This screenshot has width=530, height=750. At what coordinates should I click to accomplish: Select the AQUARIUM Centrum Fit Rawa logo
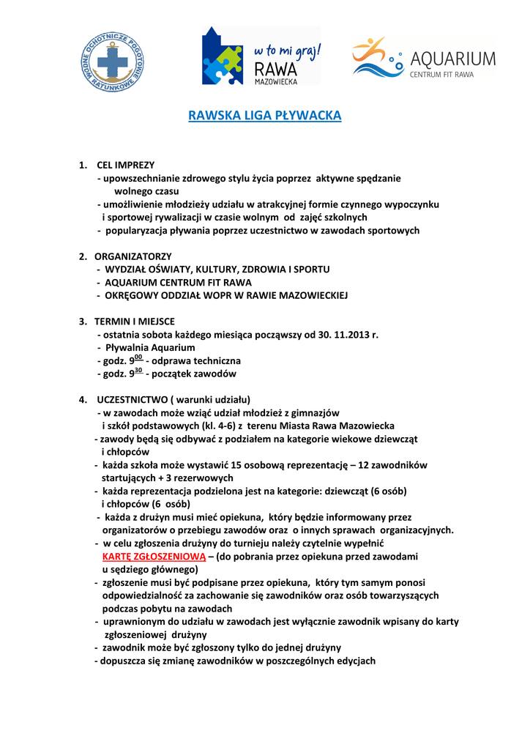pyautogui.click(x=424, y=58)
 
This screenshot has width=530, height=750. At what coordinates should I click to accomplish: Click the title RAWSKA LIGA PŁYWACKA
pyautogui.click(x=265, y=116)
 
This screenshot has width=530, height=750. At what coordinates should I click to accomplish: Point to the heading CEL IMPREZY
pyautogui.click(x=125, y=165)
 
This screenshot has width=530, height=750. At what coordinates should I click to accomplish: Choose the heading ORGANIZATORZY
pyautogui.click(x=133, y=256)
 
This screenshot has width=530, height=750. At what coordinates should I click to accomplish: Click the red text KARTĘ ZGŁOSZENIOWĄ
pyautogui.click(x=154, y=557)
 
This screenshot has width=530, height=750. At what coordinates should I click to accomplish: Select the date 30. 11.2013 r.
pyautogui.click(x=348, y=334)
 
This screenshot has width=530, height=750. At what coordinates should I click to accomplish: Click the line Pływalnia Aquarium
pyautogui.click(x=150, y=347)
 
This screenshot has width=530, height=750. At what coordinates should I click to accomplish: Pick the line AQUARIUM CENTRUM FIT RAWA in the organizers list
pyautogui.click(x=178, y=282)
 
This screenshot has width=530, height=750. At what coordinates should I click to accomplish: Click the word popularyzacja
pyautogui.click(x=137, y=230)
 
